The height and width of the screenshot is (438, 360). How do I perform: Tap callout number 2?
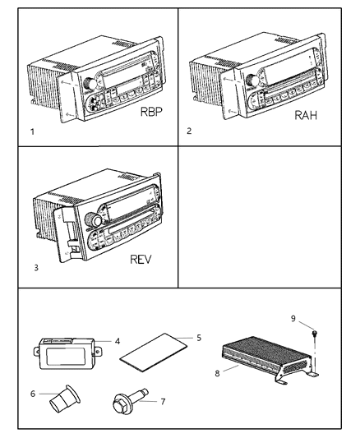(190, 131)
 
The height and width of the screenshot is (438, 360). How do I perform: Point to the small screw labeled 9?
(314, 333)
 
